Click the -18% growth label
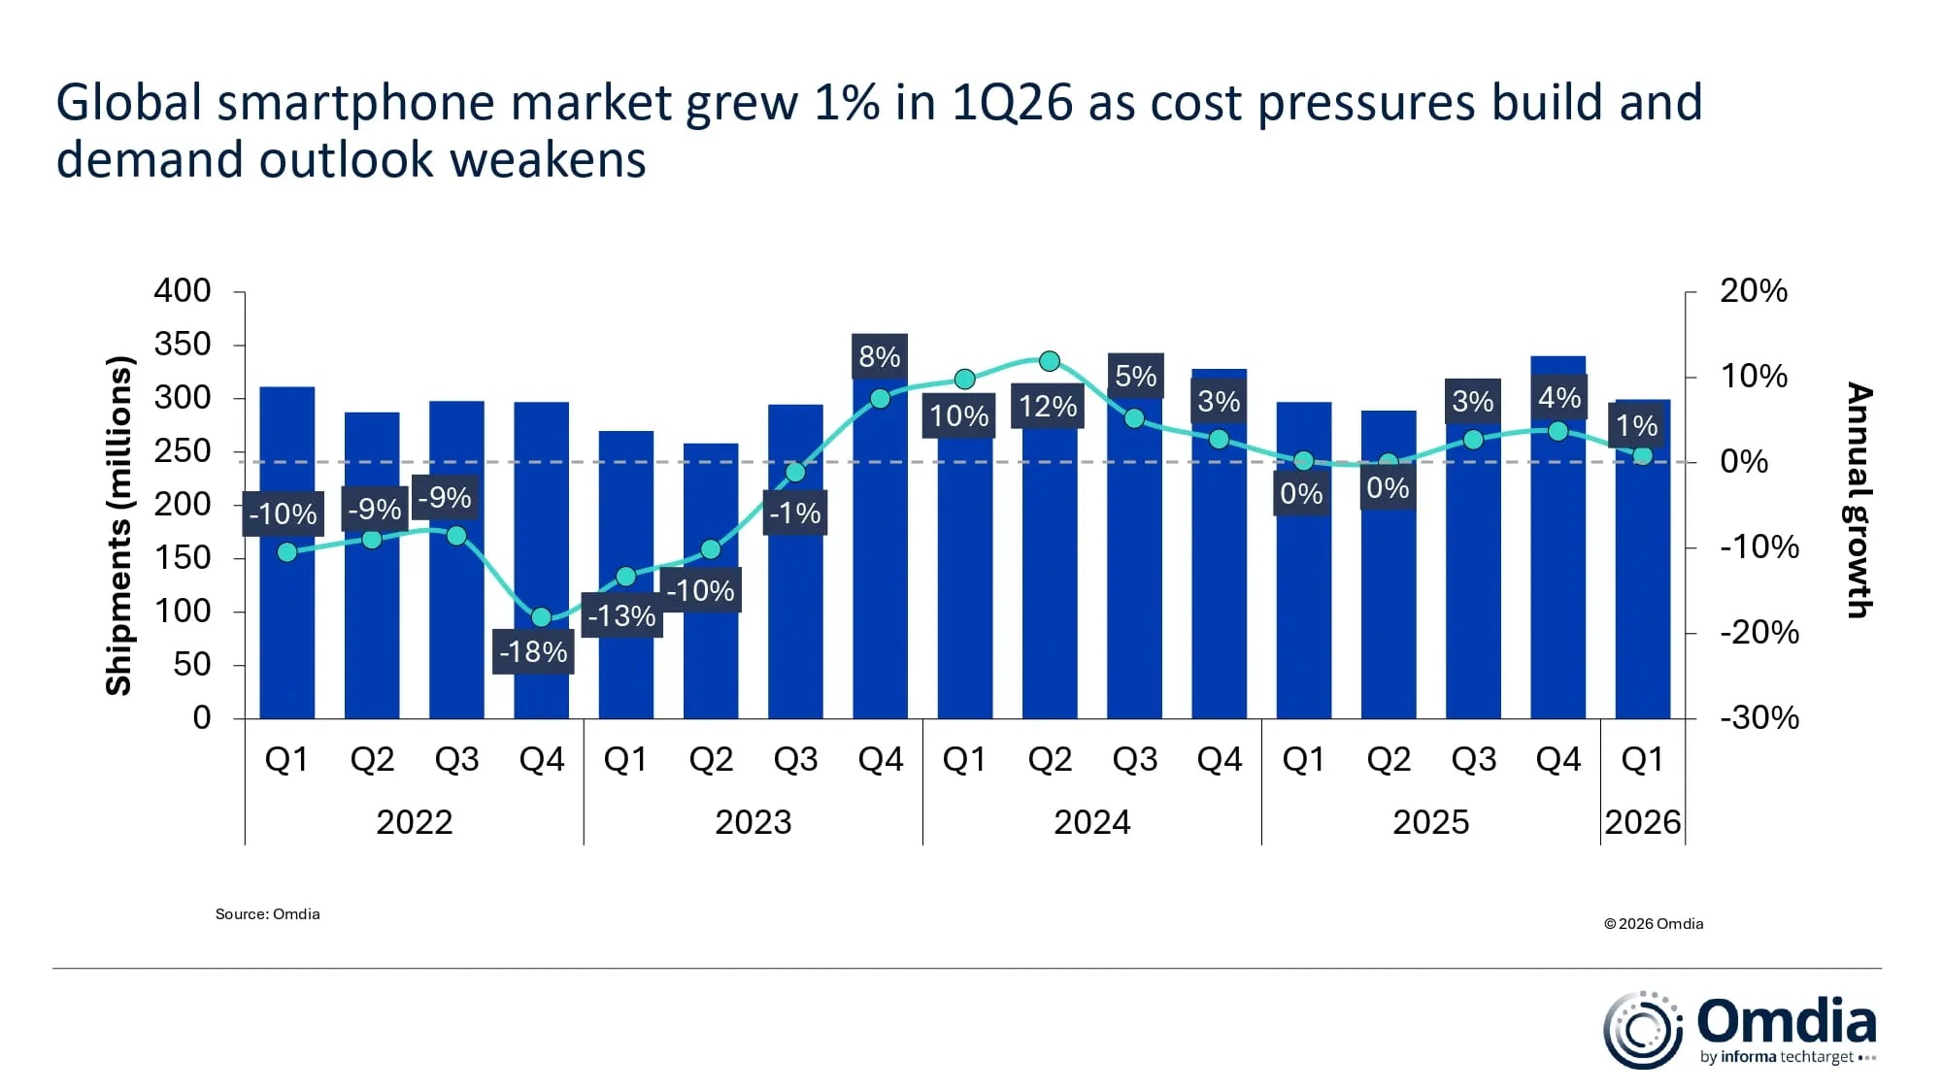tap(532, 651)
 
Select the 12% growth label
tap(1048, 406)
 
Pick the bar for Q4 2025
tap(1557, 582)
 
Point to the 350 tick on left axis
tap(183, 344)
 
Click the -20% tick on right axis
tap(1758, 633)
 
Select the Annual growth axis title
tap(1858, 500)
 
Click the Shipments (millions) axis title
tap(118, 525)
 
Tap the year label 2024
tap(1091, 822)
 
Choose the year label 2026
tap(1642, 822)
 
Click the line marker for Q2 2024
tap(1049, 361)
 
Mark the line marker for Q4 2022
tap(541, 617)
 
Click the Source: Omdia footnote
tap(267, 913)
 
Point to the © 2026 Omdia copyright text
tap(1654, 923)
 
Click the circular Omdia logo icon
tap(1642, 1030)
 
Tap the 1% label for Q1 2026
tap(1636, 425)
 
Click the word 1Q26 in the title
tap(1012, 103)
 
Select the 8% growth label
tap(879, 356)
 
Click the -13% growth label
tap(621, 615)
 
